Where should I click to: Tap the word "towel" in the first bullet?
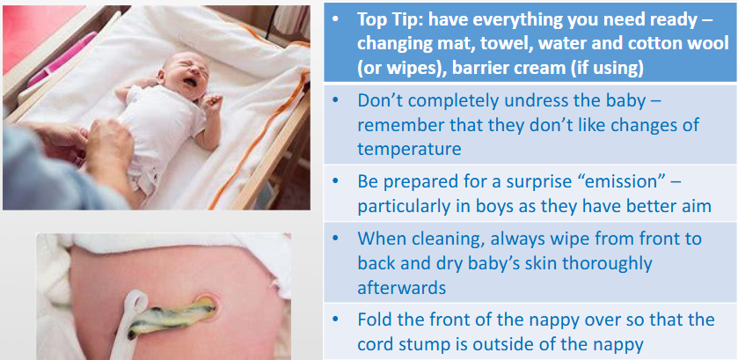(x=513, y=44)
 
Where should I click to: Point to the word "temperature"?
(x=409, y=150)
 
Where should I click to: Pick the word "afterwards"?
(x=401, y=288)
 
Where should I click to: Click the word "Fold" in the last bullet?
(x=373, y=320)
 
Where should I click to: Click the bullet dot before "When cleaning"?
(x=335, y=239)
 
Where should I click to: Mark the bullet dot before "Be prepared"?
(x=335, y=182)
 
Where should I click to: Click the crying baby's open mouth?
(x=189, y=82)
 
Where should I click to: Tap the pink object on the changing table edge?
(x=62, y=58)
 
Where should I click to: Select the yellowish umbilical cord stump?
(x=173, y=316)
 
